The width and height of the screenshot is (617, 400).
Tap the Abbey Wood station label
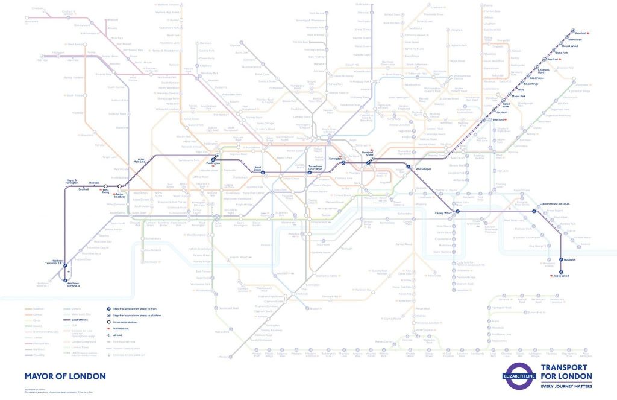point(562,276)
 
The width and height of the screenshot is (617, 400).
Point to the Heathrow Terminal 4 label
point(72,284)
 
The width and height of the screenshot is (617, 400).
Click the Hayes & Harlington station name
point(72,182)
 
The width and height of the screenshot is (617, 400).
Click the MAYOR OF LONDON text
point(64,376)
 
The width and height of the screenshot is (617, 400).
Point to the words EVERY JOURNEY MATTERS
point(567,386)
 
